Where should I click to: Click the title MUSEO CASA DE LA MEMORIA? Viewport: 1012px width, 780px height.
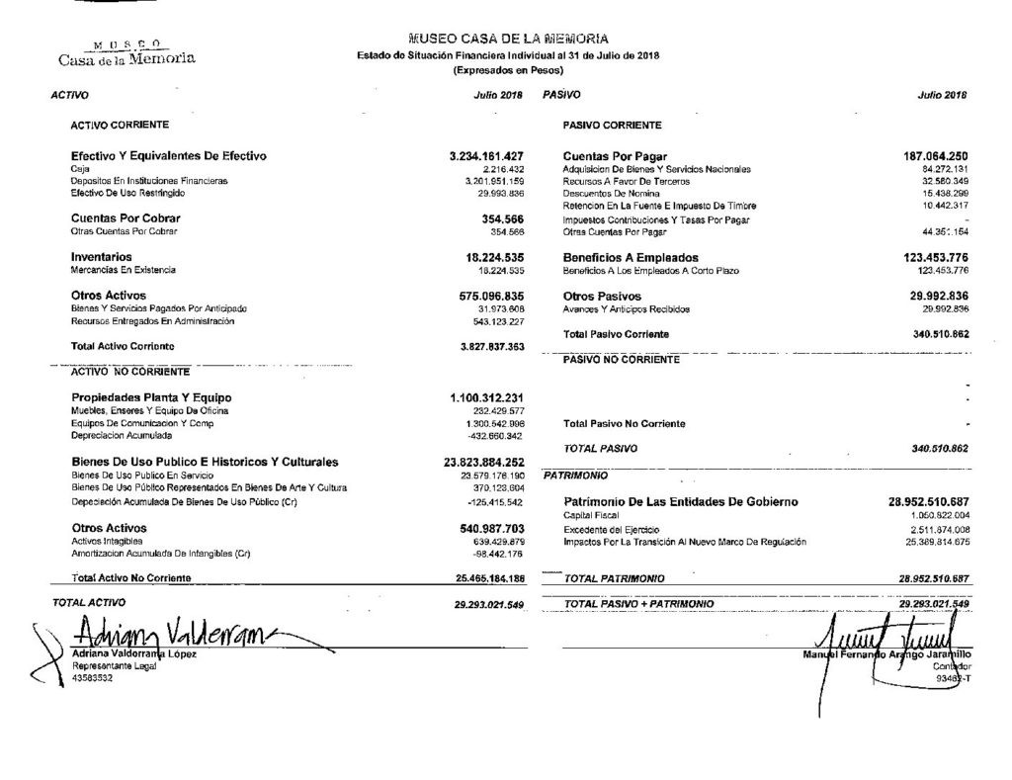point(507,39)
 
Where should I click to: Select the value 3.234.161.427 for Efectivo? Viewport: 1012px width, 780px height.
point(485,156)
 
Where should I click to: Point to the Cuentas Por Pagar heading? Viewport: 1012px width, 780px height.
point(615,156)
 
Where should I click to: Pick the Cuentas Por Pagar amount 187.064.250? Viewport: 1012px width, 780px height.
point(928,156)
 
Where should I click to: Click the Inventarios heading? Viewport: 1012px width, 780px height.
point(101,257)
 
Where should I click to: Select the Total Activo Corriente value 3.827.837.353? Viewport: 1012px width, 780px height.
point(485,347)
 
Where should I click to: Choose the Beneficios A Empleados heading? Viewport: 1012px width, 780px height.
point(631,257)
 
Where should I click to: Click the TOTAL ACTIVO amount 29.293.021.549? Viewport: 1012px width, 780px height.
point(487,602)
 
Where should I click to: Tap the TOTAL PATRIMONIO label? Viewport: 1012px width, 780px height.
point(613,577)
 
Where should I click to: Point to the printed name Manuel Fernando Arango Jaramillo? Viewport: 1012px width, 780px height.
point(887,654)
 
